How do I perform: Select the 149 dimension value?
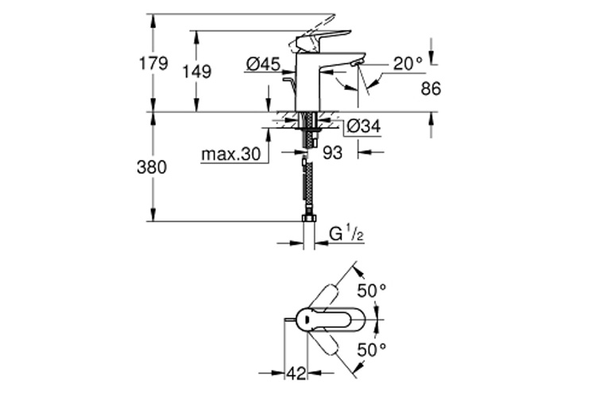(196, 72)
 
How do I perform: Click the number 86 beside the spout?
(430, 89)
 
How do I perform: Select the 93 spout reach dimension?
(332, 154)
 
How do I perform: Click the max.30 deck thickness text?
(230, 154)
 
